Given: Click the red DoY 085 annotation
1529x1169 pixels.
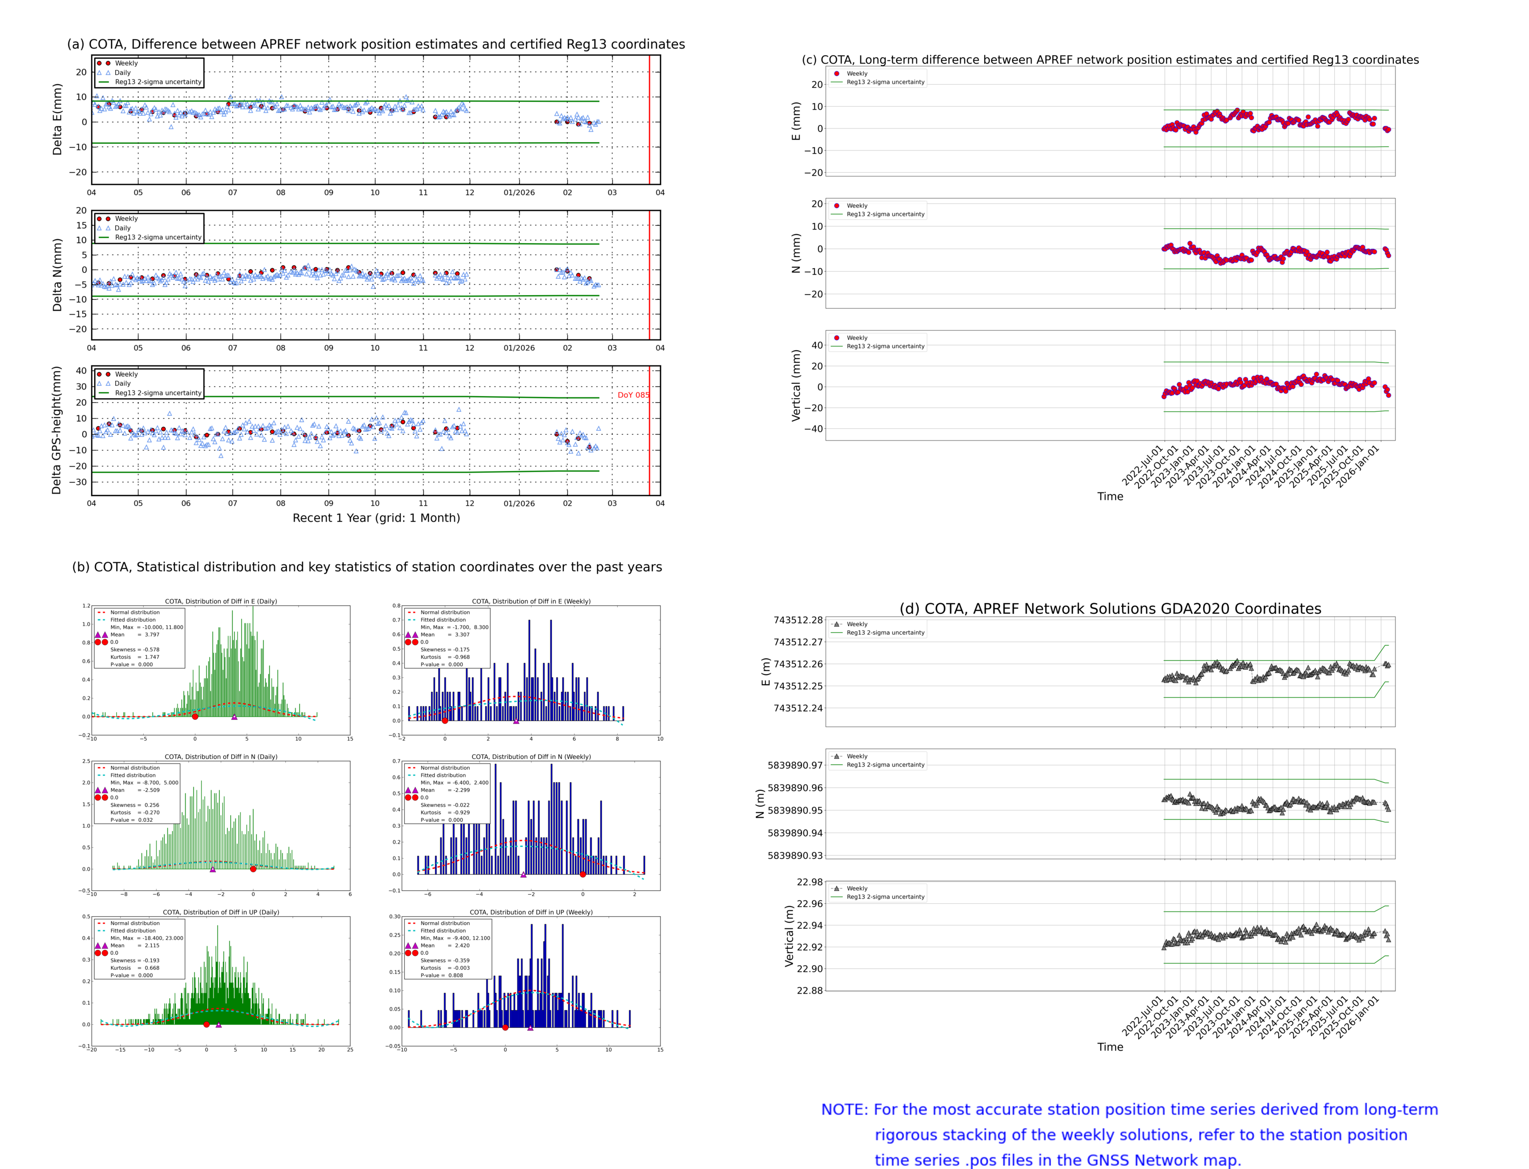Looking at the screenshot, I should coord(632,395).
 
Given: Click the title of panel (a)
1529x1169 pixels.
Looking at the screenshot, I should coord(376,44).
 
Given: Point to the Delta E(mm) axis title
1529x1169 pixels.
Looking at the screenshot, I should coord(57,119).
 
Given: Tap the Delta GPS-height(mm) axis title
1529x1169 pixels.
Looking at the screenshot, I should coord(57,430).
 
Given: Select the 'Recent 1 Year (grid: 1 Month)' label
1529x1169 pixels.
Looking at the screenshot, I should coord(376,517).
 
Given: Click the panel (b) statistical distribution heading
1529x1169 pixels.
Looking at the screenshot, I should coord(366,567).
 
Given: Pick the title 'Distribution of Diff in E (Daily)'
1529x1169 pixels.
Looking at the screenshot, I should coord(221,601).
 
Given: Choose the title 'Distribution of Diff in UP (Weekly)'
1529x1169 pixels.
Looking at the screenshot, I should coord(531,912).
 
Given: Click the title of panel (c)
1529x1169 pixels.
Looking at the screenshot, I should coord(1110,60).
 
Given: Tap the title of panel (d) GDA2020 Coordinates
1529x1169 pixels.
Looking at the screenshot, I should coord(1110,609).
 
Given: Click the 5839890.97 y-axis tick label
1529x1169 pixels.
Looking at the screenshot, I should coord(795,765).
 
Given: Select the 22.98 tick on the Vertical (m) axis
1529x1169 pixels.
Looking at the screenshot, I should coord(809,882).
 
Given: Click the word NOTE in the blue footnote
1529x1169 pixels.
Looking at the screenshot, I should coord(844,1110).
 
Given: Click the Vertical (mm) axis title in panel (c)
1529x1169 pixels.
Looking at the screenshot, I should coord(796,385).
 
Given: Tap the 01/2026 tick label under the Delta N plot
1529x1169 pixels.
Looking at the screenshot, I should coord(519,348).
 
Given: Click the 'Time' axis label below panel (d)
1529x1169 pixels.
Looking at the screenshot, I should coord(1110,1047).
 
